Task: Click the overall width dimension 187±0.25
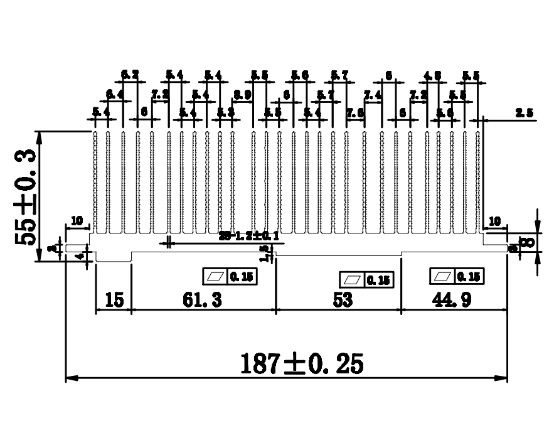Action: point(302,363)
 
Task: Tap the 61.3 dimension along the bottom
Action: point(202,301)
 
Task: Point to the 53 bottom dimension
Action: point(343,301)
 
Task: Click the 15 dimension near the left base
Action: point(113,301)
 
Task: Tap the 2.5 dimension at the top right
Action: point(524,113)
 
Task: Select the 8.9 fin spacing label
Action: point(242,95)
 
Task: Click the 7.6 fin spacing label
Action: point(356,113)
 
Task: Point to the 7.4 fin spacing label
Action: point(373,95)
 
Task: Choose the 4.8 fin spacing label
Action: point(432,76)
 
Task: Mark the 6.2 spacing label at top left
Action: point(130,75)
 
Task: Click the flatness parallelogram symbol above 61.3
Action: point(215,276)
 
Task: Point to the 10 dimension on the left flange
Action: point(77,221)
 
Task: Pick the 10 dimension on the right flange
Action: point(495,221)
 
